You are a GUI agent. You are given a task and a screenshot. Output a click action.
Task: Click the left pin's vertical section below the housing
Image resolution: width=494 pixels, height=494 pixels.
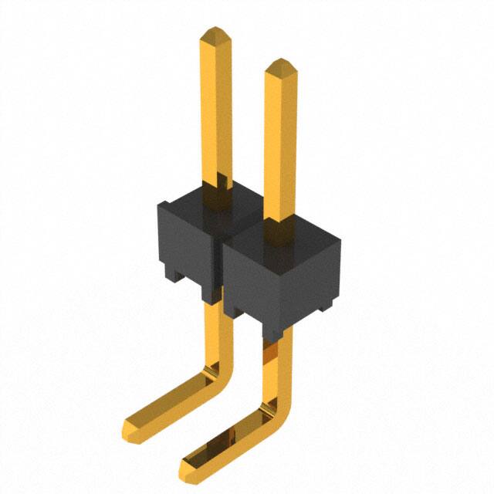point(215,332)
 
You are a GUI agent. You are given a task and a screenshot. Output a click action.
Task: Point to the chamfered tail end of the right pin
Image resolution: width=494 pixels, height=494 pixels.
point(188,465)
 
